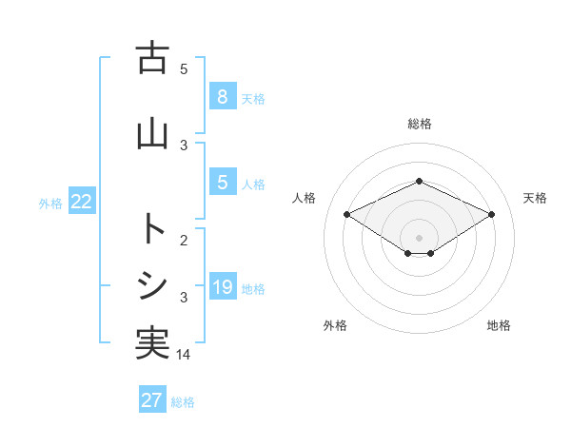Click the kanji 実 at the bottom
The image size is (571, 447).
click(152, 343)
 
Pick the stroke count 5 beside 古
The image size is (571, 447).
click(184, 68)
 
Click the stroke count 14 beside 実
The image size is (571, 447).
click(185, 354)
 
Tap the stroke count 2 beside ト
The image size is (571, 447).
click(184, 241)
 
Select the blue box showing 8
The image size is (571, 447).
click(222, 97)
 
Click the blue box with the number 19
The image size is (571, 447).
click(222, 287)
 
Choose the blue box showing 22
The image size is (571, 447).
click(82, 202)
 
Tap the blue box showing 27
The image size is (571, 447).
click(152, 400)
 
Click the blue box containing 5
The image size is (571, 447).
click(222, 183)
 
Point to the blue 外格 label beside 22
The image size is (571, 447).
click(50, 203)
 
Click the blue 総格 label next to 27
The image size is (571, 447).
click(183, 401)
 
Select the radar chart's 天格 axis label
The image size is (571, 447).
click(535, 198)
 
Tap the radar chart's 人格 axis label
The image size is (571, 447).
click(305, 198)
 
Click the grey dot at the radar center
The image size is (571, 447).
click(419, 237)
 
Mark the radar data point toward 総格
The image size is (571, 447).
click(419, 181)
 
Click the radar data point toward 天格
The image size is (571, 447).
click(491, 214)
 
